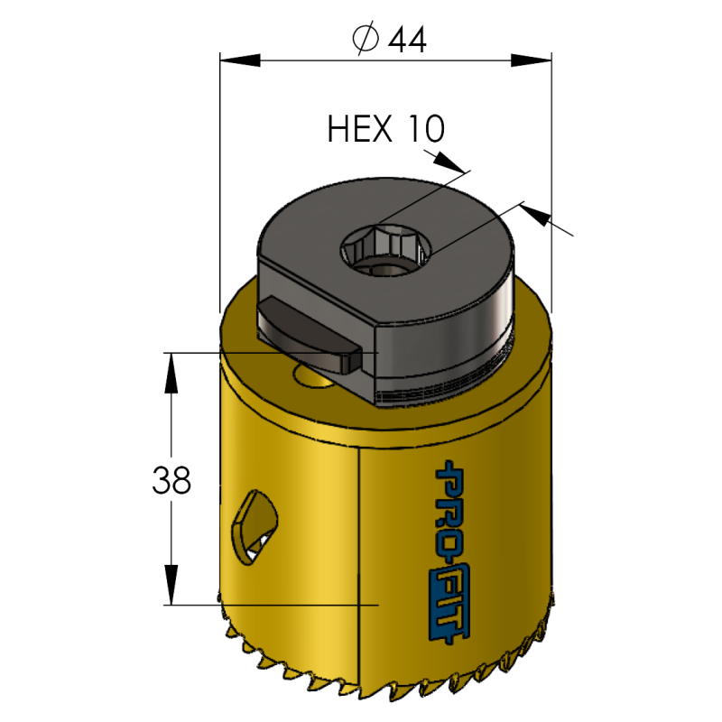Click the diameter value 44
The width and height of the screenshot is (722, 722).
click(407, 40)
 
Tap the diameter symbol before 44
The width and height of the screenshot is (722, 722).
click(366, 39)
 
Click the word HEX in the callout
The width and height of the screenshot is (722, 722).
click(359, 128)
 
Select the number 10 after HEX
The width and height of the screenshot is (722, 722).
click(426, 128)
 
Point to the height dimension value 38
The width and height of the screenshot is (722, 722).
click(171, 480)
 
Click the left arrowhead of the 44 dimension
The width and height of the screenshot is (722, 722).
click(240, 60)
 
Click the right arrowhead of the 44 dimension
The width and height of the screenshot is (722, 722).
click(532, 60)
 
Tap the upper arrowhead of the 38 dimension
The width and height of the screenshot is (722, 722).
click(171, 373)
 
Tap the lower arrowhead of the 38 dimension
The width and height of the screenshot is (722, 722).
click(171, 585)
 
